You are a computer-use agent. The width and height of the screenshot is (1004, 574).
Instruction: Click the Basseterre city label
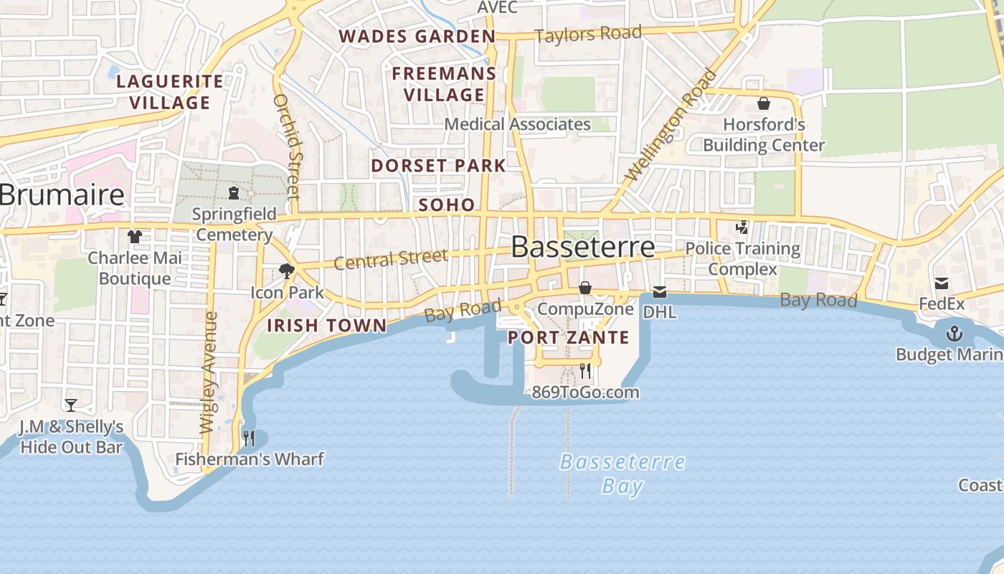(582, 247)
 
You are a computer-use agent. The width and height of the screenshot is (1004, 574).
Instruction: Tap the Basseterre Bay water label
(622, 474)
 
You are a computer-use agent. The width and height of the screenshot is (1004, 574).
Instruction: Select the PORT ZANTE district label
(569, 337)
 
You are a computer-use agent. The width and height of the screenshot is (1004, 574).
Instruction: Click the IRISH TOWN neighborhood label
(326, 325)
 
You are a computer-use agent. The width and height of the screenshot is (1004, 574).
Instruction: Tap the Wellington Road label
(671, 125)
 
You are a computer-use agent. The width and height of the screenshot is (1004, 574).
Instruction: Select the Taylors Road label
(588, 34)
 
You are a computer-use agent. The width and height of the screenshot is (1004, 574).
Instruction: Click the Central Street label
(391, 259)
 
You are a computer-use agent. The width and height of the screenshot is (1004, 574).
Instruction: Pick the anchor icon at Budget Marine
(955, 333)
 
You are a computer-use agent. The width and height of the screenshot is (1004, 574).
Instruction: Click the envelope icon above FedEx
(942, 283)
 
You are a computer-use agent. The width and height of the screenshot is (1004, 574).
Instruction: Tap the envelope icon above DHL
(659, 292)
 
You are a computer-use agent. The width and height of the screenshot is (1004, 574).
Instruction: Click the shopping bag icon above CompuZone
(585, 288)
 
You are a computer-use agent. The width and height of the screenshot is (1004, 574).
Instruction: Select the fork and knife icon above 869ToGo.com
(585, 371)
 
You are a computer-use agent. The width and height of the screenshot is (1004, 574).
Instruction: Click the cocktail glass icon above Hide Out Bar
(71, 405)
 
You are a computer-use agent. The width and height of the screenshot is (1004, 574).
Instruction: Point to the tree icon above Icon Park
(287, 271)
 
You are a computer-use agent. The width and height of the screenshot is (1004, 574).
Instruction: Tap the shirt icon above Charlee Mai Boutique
(135, 236)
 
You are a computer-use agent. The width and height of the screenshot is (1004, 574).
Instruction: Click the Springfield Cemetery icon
(234, 193)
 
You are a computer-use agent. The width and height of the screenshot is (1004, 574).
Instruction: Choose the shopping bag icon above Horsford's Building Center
(764, 103)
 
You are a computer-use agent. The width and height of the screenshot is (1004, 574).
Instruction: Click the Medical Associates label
(517, 124)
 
